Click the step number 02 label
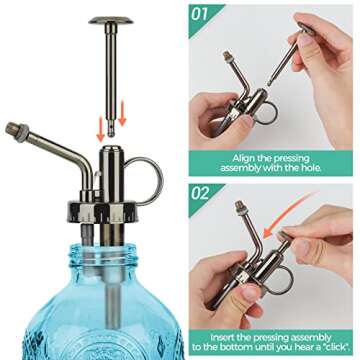(x=200, y=194)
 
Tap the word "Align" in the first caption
(x=243, y=158)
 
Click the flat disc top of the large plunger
(x=111, y=20)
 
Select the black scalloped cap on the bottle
(x=103, y=212)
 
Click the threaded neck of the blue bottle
(x=103, y=254)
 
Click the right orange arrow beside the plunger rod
(x=122, y=113)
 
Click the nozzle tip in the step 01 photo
(x=227, y=54)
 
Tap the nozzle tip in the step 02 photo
(x=239, y=204)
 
